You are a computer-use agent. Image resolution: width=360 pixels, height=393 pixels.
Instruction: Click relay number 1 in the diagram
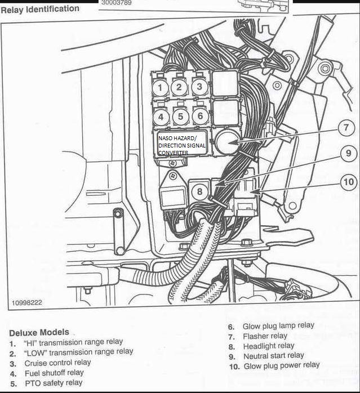[161, 87]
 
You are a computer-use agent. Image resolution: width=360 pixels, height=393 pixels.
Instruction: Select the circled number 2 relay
[179, 87]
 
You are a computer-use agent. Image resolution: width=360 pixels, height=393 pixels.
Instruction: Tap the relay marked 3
[198, 87]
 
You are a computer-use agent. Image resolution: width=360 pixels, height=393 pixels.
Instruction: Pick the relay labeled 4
[161, 117]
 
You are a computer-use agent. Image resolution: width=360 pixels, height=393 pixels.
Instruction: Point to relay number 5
[180, 117]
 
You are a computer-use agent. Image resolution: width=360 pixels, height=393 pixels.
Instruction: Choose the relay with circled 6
[199, 117]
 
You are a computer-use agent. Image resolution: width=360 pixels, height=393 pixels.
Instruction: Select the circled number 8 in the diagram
[199, 191]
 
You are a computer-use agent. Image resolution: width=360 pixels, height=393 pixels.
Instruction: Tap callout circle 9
[348, 153]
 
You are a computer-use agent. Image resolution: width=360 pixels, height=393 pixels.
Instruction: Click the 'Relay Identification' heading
[40, 9]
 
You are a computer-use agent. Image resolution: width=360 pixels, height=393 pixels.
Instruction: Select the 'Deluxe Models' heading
[39, 332]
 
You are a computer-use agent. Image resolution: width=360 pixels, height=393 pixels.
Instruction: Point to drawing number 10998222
[26, 302]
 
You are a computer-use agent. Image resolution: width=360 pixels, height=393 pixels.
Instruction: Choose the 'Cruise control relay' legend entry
[57, 362]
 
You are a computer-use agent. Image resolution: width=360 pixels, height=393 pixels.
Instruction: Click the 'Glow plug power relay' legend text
[281, 365]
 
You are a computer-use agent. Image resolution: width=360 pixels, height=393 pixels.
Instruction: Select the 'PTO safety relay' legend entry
[54, 382]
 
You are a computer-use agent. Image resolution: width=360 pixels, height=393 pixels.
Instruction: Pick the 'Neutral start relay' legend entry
[273, 356]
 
